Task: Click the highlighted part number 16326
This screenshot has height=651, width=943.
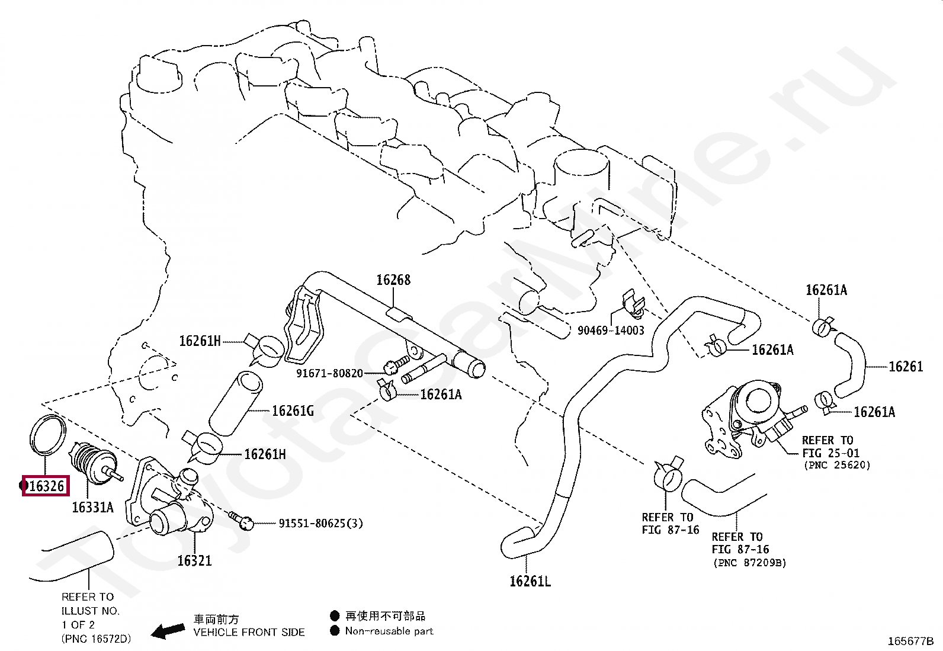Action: tap(46, 486)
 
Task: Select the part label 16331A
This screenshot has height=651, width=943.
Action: tap(92, 508)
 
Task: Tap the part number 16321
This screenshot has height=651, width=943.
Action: tap(194, 560)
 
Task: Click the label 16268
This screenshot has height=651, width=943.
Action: tap(393, 280)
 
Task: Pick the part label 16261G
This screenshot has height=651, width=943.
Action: tap(293, 411)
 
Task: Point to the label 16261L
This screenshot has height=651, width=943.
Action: tap(530, 582)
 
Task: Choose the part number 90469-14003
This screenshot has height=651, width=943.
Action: tap(611, 331)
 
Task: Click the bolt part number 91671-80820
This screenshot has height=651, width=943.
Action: tap(329, 374)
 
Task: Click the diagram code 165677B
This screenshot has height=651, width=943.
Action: tap(910, 642)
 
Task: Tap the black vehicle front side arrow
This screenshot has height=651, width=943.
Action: tap(167, 631)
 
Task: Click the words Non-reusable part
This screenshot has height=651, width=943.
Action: tap(389, 631)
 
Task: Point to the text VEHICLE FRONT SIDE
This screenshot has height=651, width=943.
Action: tap(249, 633)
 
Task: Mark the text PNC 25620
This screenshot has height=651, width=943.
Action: tap(837, 466)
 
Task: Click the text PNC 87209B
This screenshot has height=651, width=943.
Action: tap(750, 563)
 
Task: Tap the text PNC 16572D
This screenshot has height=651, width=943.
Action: tap(96, 639)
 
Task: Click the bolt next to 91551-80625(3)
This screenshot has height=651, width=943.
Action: tap(244, 521)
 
